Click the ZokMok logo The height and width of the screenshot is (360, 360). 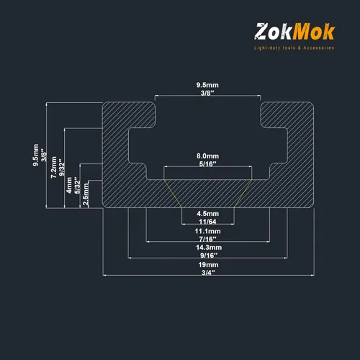[x=294, y=32]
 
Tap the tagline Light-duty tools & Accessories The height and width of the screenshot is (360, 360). [x=294, y=48]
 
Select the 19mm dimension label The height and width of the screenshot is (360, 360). [x=208, y=265]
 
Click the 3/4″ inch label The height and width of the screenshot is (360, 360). [x=208, y=273]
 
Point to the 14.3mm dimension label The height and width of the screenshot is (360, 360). [x=209, y=247]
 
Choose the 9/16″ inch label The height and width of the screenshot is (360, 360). [x=209, y=255]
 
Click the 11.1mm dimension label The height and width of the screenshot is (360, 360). [x=207, y=231]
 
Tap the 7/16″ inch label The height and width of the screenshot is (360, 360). [x=207, y=239]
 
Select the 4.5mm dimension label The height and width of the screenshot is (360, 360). [x=207, y=214]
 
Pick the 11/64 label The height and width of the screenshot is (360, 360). [x=207, y=222]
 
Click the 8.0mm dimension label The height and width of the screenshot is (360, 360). [x=207, y=156]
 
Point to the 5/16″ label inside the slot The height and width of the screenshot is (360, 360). [x=207, y=164]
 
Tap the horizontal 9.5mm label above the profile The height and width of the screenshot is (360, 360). [x=207, y=85]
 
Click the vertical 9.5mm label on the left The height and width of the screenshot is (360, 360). [x=36, y=155]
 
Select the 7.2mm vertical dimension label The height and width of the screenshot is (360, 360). [x=54, y=167]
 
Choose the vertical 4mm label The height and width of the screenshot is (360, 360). [x=69, y=185]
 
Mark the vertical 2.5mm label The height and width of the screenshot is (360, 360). [x=86, y=194]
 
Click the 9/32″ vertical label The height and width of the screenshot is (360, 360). [x=62, y=167]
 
